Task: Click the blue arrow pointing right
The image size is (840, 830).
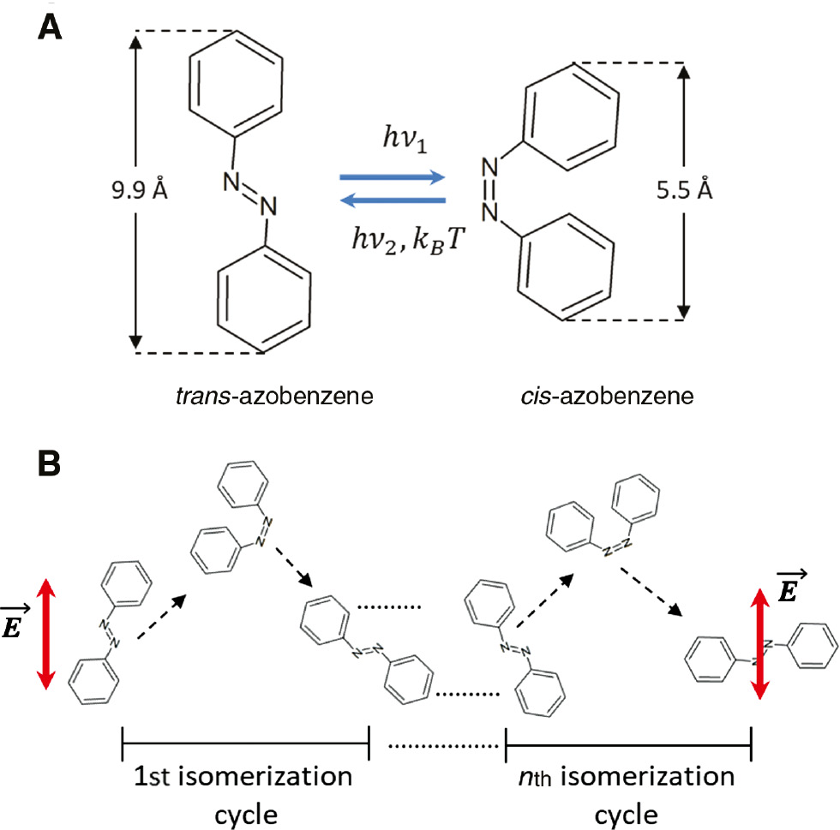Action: coord(393,177)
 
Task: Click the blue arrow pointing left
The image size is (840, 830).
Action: coord(393,201)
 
